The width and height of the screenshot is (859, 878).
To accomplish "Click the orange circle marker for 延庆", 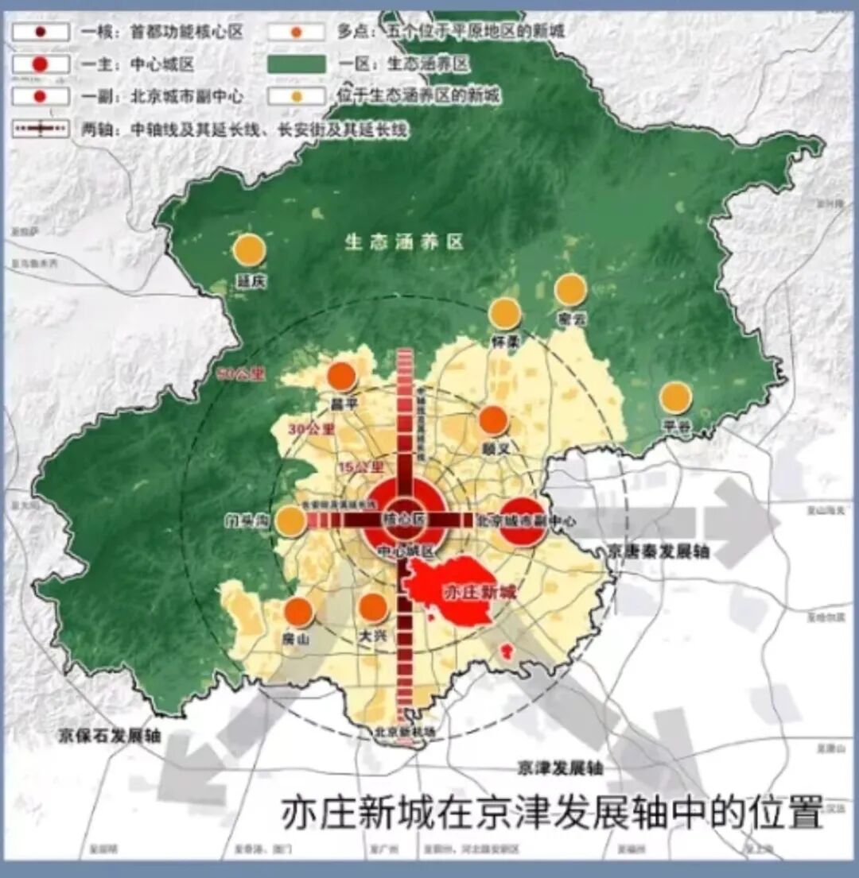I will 249,250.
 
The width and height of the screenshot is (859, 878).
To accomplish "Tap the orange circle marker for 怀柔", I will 505,314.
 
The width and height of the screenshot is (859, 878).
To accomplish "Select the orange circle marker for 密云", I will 570,290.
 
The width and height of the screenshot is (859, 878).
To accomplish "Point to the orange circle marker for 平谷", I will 675,397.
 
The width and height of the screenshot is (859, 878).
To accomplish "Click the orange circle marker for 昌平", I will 341,376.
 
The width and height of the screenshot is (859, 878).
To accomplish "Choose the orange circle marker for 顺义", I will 493,420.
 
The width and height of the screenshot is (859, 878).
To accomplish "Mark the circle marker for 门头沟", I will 290,521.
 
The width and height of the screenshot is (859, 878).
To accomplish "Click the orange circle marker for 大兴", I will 372,607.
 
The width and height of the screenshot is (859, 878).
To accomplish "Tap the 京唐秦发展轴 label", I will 657,551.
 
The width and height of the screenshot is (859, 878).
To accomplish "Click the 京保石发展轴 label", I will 110,736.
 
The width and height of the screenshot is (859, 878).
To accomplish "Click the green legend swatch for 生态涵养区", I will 297,64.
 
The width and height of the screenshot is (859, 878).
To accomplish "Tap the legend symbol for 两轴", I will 40,128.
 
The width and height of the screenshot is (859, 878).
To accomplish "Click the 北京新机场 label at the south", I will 406,731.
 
